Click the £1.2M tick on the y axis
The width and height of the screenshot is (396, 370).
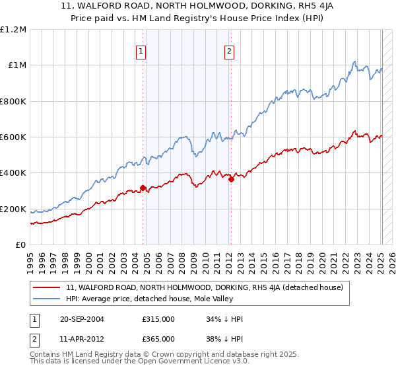14,30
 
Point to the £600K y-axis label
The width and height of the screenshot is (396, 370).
13,137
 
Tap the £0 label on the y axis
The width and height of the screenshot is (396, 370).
21,245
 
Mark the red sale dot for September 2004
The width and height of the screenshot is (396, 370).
143,188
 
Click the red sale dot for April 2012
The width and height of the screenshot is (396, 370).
231,179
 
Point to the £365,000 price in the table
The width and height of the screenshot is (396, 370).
158,338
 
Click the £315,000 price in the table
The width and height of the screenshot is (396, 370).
158,320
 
